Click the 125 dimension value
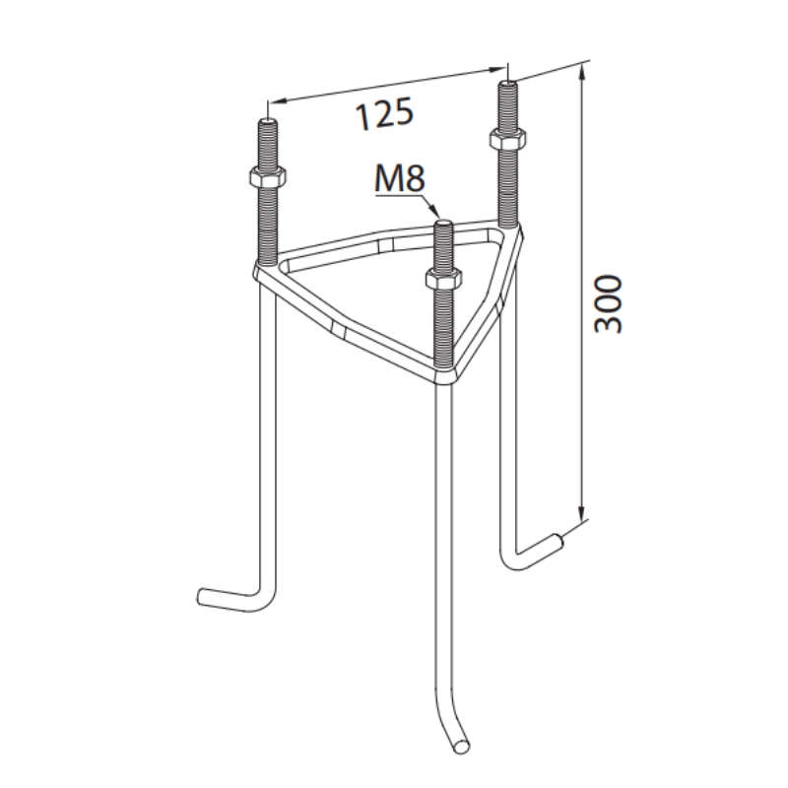(384, 113)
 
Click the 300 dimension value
(608, 303)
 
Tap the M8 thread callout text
(400, 178)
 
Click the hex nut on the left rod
(267, 176)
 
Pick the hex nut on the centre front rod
(443, 279)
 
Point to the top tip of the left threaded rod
(267, 120)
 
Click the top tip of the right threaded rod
(508, 83)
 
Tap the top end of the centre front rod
(443, 224)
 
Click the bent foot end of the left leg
(202, 596)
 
